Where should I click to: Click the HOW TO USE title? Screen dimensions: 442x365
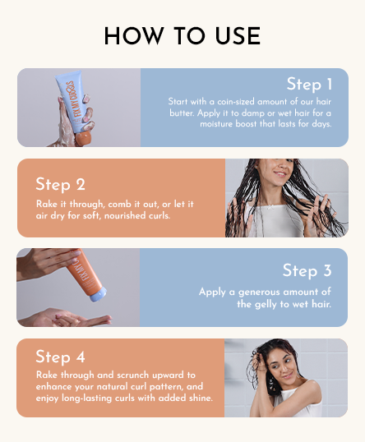click(x=182, y=36)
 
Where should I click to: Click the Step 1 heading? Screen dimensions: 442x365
click(x=309, y=84)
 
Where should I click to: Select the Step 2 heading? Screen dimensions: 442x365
click(x=60, y=184)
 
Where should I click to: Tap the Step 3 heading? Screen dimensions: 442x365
click(x=307, y=270)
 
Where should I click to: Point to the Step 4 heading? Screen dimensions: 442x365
click(x=60, y=357)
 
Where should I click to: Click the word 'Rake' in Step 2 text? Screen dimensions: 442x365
click(x=45, y=203)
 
